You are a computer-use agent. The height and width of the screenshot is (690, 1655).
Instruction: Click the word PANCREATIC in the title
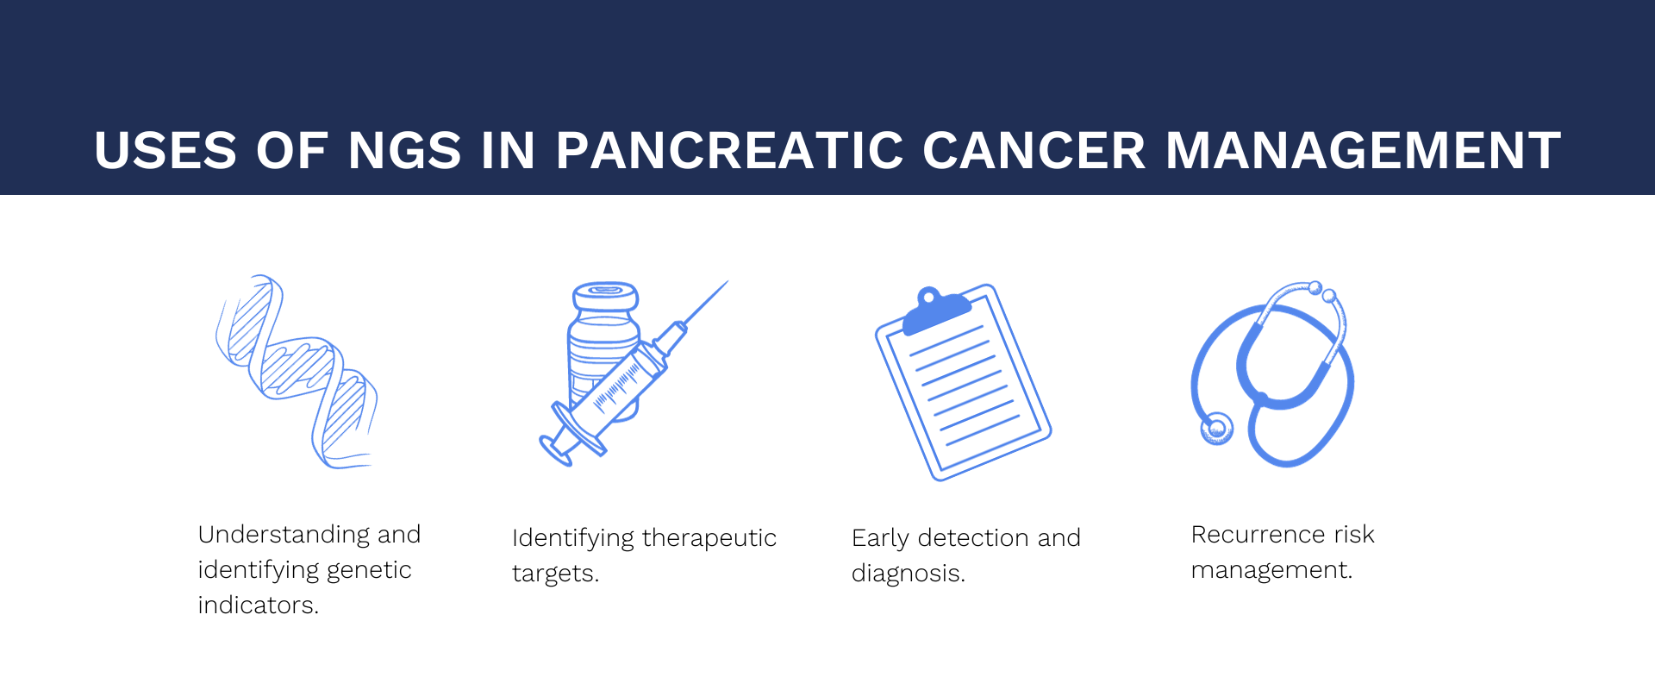(729, 151)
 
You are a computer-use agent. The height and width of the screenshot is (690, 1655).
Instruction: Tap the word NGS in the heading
(404, 151)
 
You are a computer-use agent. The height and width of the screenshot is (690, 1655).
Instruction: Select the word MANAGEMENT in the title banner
(1363, 151)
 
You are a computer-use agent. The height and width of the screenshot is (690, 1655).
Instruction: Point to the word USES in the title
(165, 151)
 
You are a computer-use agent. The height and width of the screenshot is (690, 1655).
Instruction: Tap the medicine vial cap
(605, 296)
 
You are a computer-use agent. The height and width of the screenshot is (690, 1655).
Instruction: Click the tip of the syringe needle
(727, 282)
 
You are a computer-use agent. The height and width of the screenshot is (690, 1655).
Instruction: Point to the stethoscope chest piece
(1216, 429)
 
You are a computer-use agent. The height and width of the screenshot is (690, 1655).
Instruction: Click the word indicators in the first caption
(257, 605)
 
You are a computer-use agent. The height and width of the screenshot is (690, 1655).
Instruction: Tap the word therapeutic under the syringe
(709, 538)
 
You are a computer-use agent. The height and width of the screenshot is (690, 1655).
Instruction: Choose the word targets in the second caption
(553, 574)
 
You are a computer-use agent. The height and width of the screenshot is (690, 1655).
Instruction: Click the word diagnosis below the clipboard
(907, 574)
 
